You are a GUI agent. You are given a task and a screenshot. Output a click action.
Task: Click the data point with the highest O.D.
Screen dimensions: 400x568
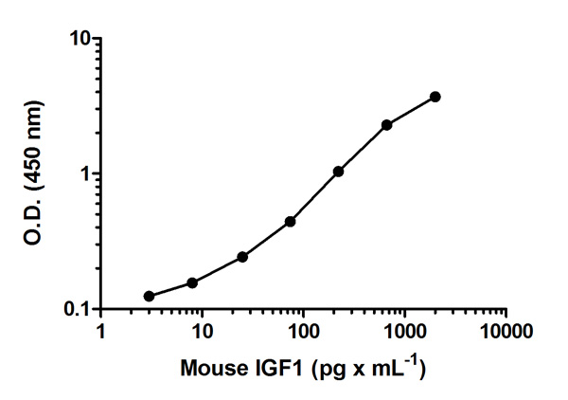[435, 97]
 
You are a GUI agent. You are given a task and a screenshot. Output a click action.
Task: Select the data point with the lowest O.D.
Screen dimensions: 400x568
[149, 297]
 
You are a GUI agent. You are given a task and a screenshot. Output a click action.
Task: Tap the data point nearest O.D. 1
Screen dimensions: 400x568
[338, 172]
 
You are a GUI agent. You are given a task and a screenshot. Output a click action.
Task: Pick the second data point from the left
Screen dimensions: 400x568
[192, 282]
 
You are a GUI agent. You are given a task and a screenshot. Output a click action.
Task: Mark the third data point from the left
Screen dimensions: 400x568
[242, 257]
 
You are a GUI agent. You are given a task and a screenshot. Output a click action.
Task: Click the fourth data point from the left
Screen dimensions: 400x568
[290, 222]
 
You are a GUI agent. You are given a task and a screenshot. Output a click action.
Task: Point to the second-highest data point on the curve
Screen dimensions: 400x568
[387, 125]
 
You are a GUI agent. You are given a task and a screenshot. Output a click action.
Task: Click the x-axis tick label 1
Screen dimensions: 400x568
[101, 331]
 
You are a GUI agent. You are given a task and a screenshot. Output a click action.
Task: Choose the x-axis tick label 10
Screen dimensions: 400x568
[201, 331]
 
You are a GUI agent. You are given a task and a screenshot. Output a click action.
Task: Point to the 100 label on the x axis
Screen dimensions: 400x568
[303, 331]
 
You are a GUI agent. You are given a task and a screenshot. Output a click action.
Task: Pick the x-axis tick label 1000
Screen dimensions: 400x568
[404, 331]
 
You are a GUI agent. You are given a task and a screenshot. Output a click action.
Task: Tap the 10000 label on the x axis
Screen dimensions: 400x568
[506, 331]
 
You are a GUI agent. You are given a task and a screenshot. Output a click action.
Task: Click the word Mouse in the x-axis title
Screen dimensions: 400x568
[209, 365]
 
